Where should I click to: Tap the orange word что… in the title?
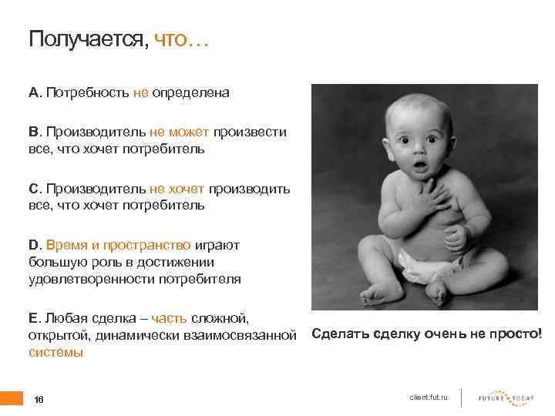click(x=181, y=40)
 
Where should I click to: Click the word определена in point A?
click(x=190, y=92)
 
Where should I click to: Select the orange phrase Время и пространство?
click(x=118, y=245)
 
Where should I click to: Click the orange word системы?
click(x=55, y=352)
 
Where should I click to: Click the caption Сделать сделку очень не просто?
click(x=426, y=334)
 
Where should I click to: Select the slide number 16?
click(x=39, y=399)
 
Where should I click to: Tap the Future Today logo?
click(x=506, y=397)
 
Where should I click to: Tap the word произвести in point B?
click(x=250, y=132)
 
